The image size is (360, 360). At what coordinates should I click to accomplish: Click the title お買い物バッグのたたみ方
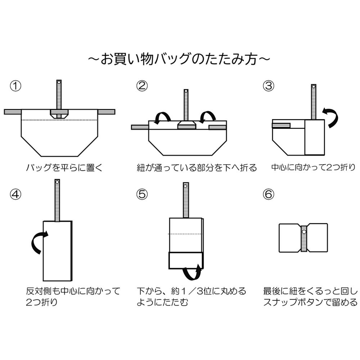coord(179,59)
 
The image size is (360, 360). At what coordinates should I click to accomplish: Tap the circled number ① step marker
coord(15,86)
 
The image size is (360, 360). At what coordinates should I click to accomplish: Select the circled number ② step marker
coord(143,86)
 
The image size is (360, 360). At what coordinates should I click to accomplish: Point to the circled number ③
coord(269,86)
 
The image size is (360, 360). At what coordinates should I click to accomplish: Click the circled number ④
coord(15,194)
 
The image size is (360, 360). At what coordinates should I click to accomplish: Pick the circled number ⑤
coord(143,194)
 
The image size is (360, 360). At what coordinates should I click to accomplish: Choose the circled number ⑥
coord(269,194)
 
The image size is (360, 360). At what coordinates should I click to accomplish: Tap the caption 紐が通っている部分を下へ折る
coord(197,168)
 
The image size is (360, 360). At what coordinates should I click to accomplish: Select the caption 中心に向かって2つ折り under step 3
coord(313,168)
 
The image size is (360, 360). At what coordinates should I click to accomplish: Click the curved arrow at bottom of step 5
coord(193,273)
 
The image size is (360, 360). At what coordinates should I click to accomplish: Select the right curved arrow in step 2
coord(208,117)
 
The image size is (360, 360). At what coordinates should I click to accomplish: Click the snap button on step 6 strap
coord(304,232)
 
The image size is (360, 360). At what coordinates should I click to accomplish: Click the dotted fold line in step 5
coord(185,234)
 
